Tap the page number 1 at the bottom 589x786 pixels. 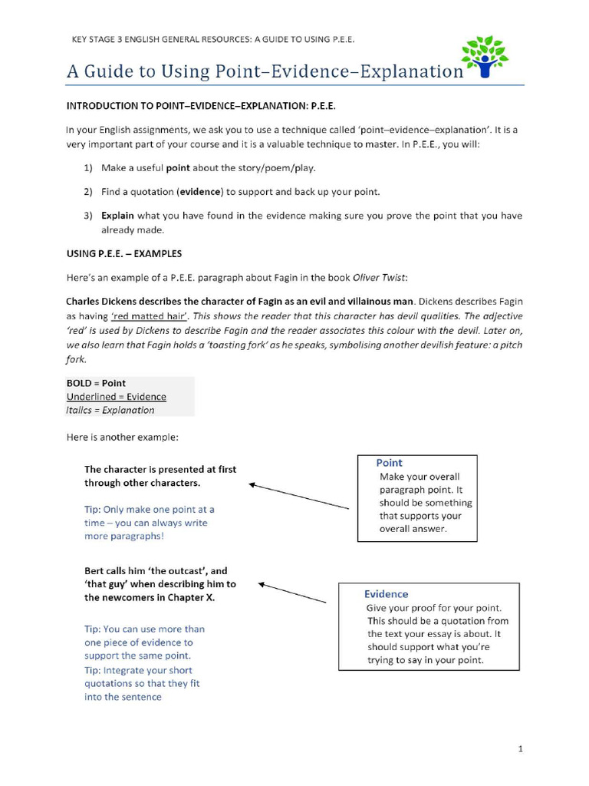[x=520, y=748]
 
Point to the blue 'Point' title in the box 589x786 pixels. [x=389, y=463]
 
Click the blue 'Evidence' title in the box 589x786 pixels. [x=386, y=594]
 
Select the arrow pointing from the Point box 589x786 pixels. [x=298, y=496]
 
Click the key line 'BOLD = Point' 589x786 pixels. [x=96, y=383]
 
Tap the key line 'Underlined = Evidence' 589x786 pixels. [x=116, y=397]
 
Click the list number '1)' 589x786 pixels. [x=88, y=167]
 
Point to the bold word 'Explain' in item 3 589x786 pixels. [x=117, y=216]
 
